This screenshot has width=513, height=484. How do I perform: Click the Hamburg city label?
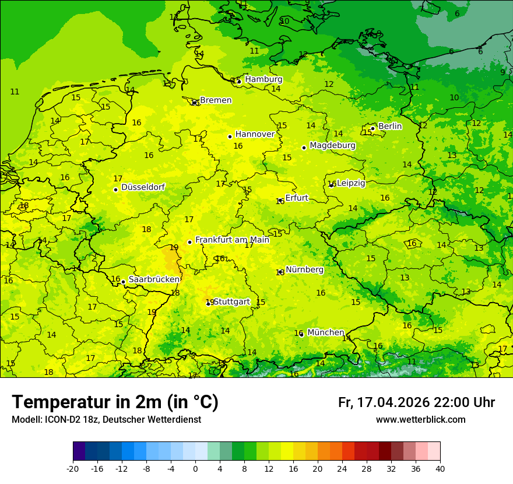click(263, 79)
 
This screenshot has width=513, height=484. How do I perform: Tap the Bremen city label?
click(215, 100)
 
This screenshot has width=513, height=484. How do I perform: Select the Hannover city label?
click(255, 134)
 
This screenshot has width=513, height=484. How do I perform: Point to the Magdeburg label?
click(332, 145)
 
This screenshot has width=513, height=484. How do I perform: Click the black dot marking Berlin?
click(373, 128)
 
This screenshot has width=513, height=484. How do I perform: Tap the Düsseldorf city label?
click(143, 187)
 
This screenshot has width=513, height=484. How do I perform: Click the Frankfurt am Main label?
click(232, 240)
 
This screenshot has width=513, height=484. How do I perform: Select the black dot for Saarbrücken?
click(123, 282)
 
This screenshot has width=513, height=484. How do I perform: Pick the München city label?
click(325, 332)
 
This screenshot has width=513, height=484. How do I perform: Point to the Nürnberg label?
click(304, 270)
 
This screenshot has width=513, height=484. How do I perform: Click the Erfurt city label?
click(296, 198)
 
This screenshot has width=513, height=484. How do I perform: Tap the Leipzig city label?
click(351, 183)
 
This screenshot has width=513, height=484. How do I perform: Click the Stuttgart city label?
click(231, 301)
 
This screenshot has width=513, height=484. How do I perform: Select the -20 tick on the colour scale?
click(73, 468)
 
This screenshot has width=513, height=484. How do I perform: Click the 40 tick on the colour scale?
click(440, 468)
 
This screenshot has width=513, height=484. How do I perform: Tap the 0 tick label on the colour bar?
click(195, 468)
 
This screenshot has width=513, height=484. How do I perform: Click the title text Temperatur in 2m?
click(115, 402)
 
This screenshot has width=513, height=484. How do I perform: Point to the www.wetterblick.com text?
click(420, 419)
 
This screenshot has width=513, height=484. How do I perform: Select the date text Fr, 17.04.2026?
click(384, 402)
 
